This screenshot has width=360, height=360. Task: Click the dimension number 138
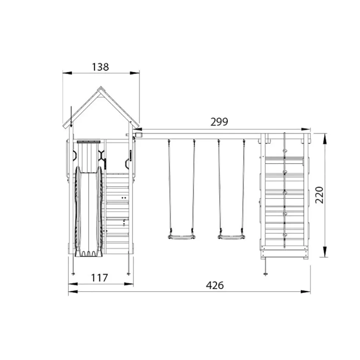click(x=100, y=67)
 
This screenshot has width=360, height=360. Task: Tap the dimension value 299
click(x=219, y=122)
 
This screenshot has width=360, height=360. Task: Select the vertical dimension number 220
click(x=319, y=195)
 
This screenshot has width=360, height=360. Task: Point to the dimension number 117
click(x=99, y=278)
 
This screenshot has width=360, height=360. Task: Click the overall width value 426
click(x=215, y=286)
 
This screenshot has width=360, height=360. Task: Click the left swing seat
click(x=181, y=237)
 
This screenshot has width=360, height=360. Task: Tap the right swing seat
click(x=231, y=237)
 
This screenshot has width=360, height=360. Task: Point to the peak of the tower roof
click(x=100, y=87)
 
